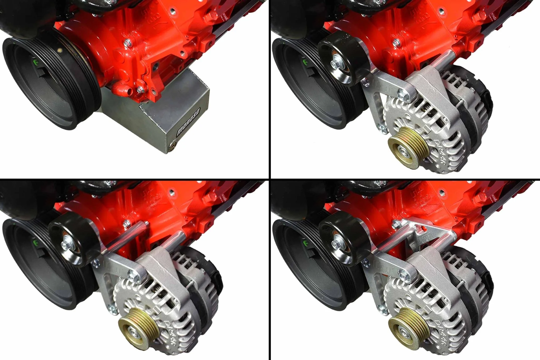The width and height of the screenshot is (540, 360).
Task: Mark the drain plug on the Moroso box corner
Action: [173, 144]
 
